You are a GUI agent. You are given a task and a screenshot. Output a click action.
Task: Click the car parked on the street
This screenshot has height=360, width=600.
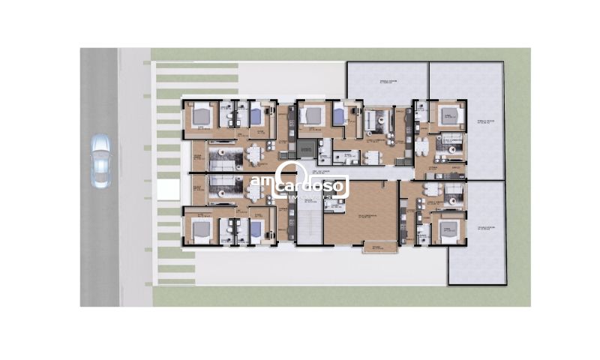(100, 160)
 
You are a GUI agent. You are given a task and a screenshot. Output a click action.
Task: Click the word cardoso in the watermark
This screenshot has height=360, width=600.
(310, 184)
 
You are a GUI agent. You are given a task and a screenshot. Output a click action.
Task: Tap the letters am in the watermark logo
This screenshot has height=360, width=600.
(262, 183)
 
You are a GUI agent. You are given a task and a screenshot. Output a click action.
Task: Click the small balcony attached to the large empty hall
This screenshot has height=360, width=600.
(377, 247)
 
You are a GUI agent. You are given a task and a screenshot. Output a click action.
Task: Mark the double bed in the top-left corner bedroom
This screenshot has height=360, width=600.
(201, 116)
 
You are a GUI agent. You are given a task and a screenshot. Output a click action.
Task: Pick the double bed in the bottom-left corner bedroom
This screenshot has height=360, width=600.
(201, 229)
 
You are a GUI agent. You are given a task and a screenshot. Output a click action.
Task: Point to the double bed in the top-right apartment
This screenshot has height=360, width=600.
(448, 115)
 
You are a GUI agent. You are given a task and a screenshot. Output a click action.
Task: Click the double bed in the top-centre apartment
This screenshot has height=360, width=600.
(311, 115)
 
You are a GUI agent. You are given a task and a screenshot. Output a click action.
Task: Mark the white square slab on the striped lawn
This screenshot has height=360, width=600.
(168, 190)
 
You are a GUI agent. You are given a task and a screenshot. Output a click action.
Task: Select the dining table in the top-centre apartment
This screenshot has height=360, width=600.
(371, 157)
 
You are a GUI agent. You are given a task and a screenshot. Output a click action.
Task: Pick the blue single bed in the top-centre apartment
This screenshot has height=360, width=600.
(339, 115)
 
